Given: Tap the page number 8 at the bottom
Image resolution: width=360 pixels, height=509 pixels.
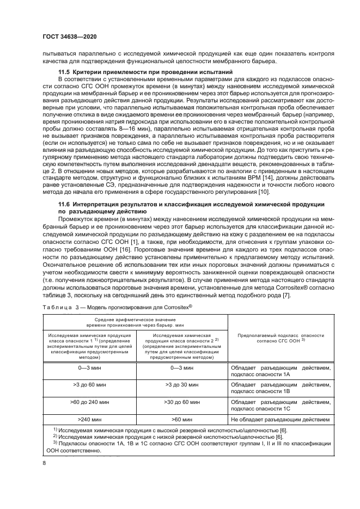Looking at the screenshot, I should (45, 463).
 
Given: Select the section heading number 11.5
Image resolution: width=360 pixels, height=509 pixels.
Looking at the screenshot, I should (66, 72).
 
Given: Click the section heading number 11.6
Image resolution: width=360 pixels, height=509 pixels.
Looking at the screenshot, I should (66, 204).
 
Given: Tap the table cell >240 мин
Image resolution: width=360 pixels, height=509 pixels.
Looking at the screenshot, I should (89, 420).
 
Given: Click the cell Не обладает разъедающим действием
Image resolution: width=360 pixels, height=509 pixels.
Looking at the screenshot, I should (280, 420).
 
